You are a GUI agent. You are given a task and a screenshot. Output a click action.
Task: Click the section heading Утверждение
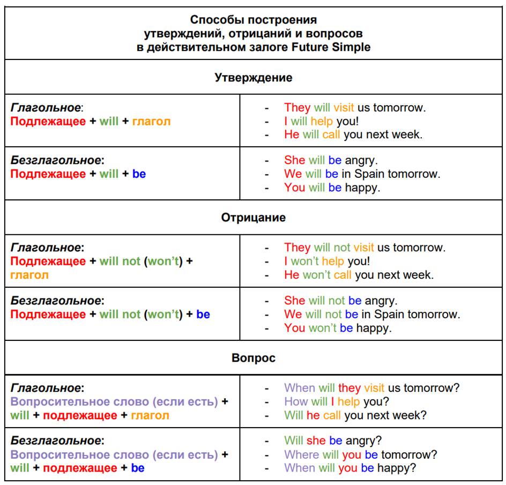pyautogui.click(x=253, y=77)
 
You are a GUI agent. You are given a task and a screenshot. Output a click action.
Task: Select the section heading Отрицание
pyautogui.click(x=253, y=218)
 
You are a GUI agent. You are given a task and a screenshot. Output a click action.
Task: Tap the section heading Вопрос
pyautogui.click(x=253, y=357)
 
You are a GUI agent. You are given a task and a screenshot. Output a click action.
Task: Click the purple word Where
pyautogui.click(x=301, y=454)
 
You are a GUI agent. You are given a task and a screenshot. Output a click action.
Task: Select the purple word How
pyautogui.click(x=296, y=401)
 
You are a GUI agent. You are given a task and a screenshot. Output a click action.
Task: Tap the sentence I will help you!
pyautogui.click(x=321, y=121)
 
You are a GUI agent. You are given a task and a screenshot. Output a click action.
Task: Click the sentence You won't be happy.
pyautogui.click(x=338, y=327)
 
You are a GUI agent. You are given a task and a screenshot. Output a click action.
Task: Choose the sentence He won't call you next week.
pyautogui.click(x=359, y=275)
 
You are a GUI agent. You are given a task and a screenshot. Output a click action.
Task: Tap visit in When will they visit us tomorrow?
pyautogui.click(x=374, y=387)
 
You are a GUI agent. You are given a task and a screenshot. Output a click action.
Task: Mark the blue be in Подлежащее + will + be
pyautogui.click(x=139, y=174)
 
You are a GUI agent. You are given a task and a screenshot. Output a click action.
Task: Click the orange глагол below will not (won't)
pyautogui.click(x=29, y=275)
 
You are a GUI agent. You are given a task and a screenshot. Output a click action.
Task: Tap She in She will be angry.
pyautogui.click(x=294, y=160)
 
